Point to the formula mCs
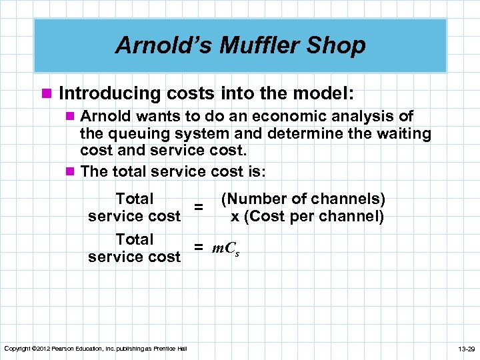pos(227,249)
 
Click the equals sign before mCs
pos(198,248)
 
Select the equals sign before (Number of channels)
pos(198,207)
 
